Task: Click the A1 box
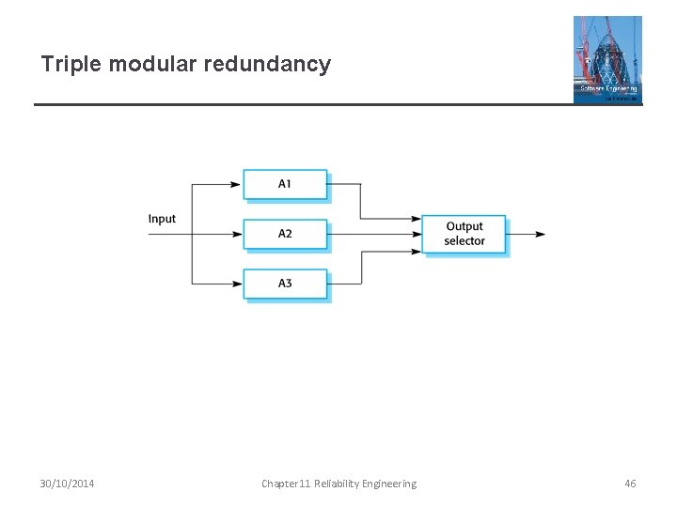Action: point(285,184)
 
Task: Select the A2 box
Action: point(285,234)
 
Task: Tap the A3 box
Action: point(285,284)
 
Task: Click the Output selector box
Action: point(464,234)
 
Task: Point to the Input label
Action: point(162,219)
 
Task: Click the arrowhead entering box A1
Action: point(236,184)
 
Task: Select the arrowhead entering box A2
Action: point(236,234)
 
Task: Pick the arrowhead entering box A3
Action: point(236,284)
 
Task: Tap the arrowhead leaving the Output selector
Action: point(540,234)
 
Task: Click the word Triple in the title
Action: point(71,65)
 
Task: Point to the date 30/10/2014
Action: point(67,484)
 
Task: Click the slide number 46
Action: point(630,484)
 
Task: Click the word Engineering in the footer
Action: point(389,484)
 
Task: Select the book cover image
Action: point(607,58)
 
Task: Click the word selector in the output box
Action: point(464,241)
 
